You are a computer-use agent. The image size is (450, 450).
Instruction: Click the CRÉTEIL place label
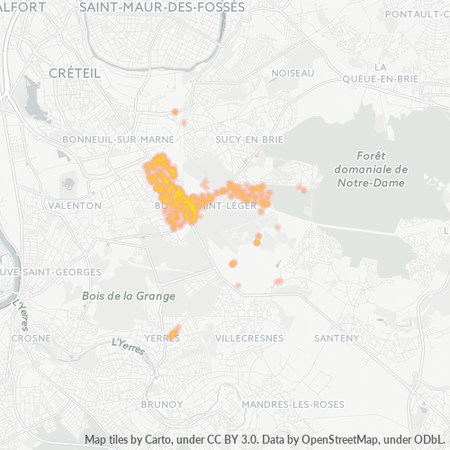coord(75,72)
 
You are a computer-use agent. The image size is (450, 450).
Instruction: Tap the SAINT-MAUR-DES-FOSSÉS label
coord(161,6)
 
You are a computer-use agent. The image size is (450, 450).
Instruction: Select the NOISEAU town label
coord(292,72)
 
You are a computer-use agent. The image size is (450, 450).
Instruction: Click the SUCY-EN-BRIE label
coord(249,139)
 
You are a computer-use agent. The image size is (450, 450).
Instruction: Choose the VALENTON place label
coord(77,205)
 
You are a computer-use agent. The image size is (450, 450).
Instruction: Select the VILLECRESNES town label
coord(249,337)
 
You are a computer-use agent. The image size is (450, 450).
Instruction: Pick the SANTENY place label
coord(336,337)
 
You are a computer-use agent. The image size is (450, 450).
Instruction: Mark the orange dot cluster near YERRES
coord(174,333)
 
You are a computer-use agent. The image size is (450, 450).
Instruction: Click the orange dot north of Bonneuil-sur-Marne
coord(175,112)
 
